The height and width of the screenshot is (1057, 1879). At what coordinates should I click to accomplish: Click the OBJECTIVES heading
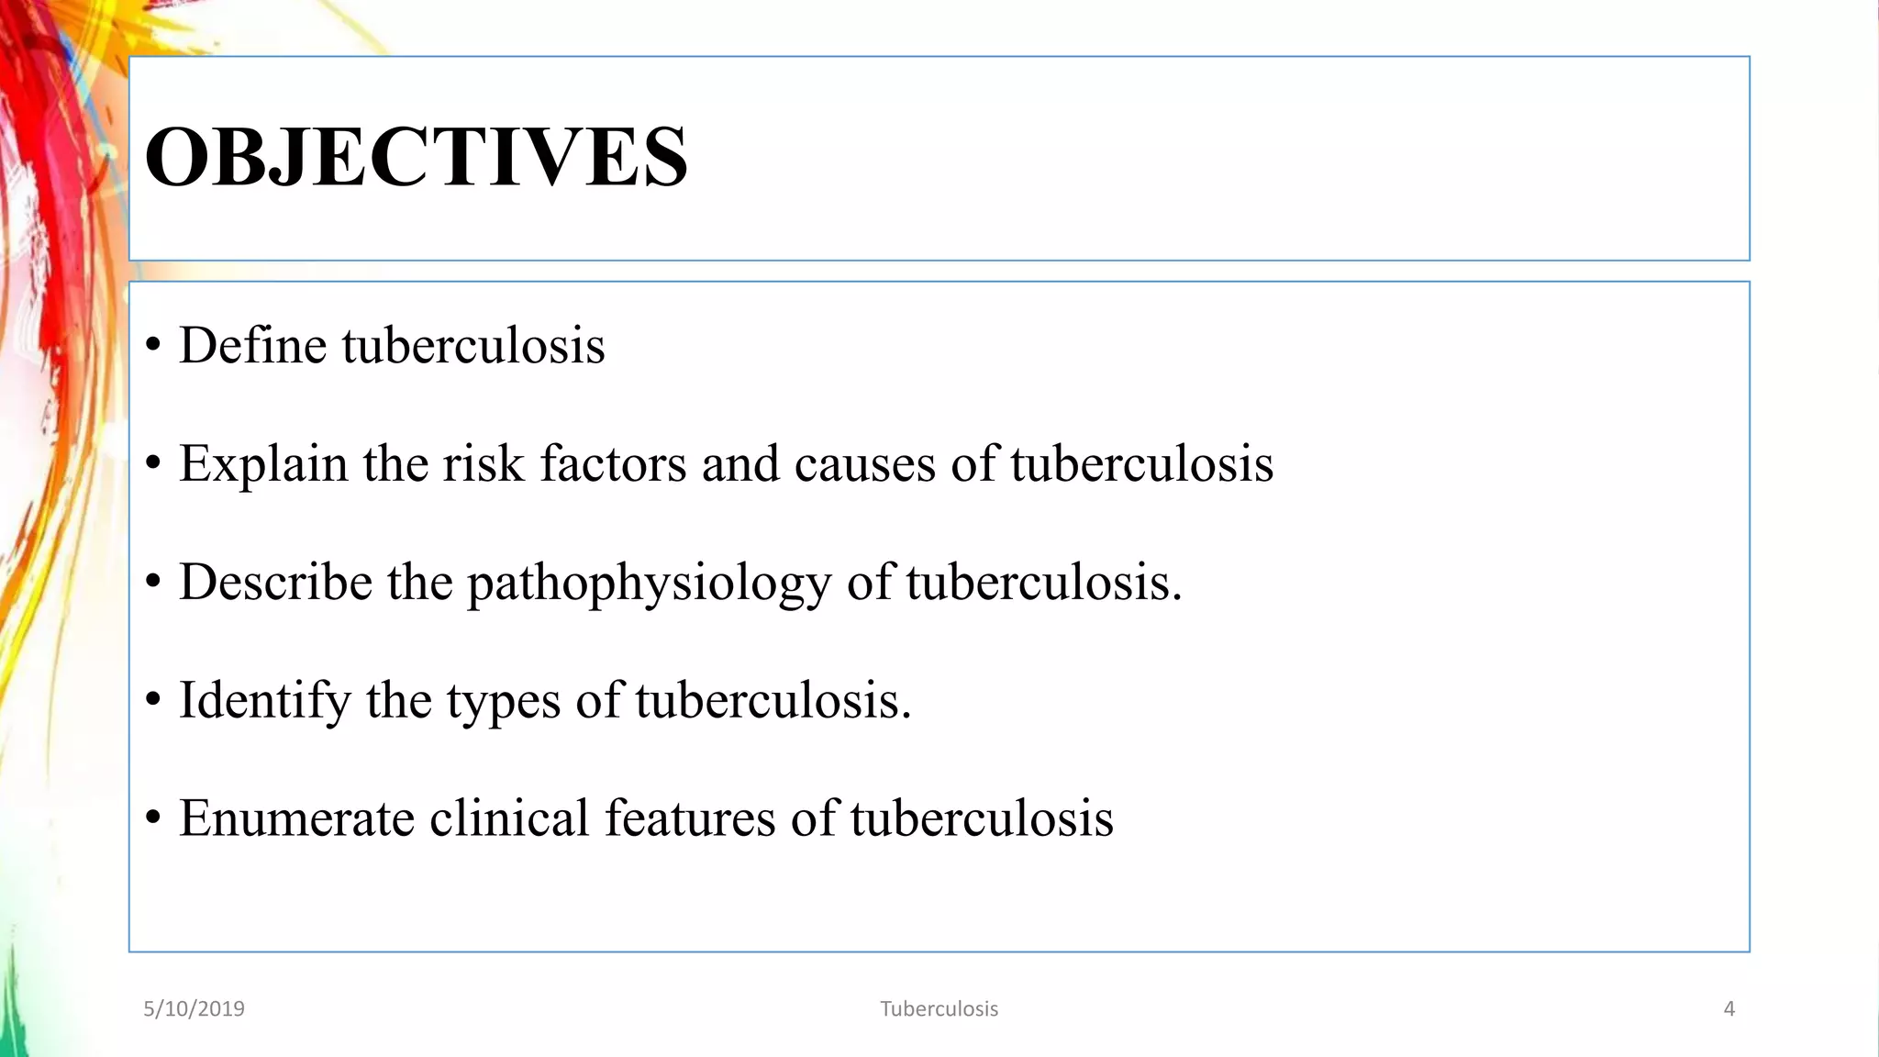(416, 157)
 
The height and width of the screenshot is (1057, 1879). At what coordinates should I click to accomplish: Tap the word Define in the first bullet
(252, 346)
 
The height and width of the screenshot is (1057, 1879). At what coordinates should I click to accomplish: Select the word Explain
(263, 464)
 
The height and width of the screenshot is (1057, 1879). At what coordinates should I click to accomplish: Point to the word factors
(613, 463)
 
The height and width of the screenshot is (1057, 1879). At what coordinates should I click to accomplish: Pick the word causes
(864, 463)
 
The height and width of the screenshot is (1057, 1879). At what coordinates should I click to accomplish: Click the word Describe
(275, 583)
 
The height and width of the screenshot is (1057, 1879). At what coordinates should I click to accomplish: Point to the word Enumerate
(296, 818)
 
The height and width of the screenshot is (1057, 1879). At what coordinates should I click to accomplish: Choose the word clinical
(509, 818)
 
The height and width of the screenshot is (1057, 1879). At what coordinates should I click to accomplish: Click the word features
(690, 818)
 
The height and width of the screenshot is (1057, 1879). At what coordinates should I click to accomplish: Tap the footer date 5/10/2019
(194, 1009)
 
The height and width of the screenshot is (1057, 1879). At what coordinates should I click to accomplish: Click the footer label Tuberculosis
(939, 1009)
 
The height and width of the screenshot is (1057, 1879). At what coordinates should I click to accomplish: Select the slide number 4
(1729, 1009)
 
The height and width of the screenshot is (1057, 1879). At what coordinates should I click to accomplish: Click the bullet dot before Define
(153, 347)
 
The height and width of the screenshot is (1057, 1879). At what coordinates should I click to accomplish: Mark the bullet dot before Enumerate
(153, 819)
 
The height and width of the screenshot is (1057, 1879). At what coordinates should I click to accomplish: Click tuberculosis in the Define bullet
(473, 346)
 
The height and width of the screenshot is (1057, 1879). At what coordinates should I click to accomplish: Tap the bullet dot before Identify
(153, 701)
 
